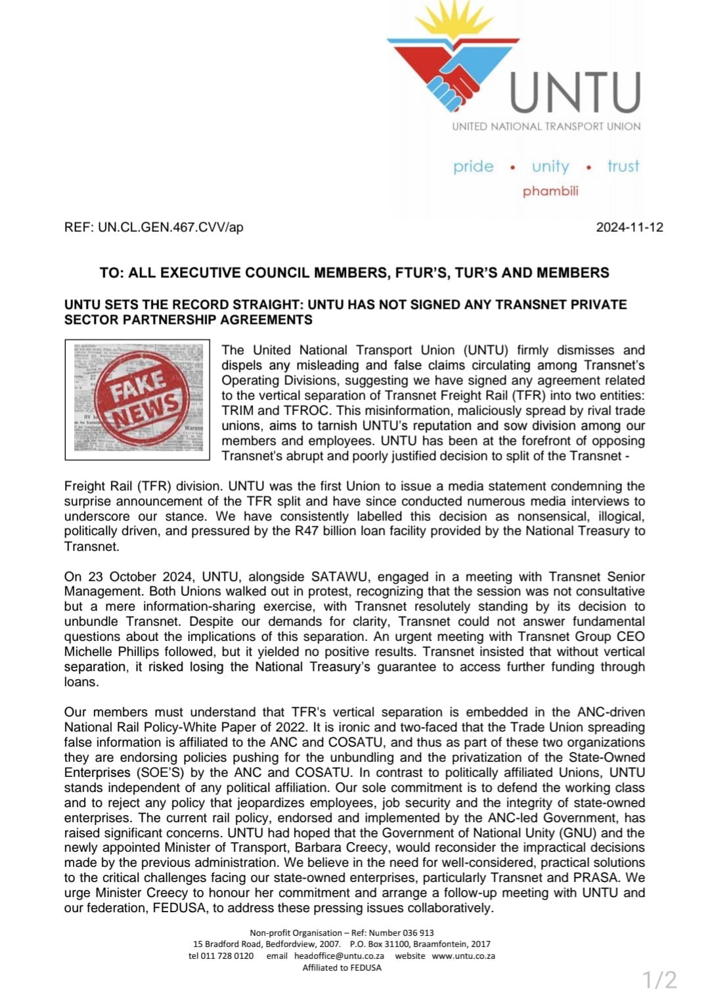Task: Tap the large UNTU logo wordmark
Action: tap(575, 93)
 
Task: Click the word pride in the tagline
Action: tap(473, 167)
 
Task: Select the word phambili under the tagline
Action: tap(550, 191)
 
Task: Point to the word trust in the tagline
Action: tap(623, 167)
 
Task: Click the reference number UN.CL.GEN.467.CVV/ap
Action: tap(170, 227)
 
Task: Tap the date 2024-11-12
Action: tap(629, 227)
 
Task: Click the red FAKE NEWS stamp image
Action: tap(137, 399)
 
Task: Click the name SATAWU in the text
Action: tap(336, 577)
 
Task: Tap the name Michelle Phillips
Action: tap(112, 651)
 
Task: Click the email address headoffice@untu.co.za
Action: tap(339, 956)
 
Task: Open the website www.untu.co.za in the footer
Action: tap(463, 956)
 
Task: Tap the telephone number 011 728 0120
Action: tap(227, 956)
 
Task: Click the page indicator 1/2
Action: tap(659, 979)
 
